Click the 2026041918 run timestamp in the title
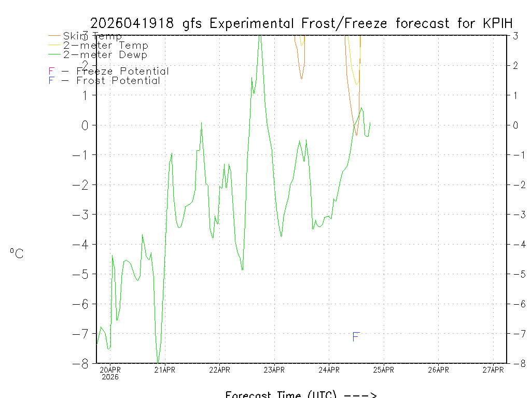[134, 23]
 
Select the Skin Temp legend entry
[92, 36]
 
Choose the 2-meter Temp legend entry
[105, 46]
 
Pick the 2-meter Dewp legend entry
[105, 55]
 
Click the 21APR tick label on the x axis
[164, 369]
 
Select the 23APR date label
[274, 369]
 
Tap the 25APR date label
[384, 369]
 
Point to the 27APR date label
[493, 369]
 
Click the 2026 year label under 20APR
[110, 377]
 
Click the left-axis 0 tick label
[86, 125]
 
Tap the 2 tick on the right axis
[515, 65]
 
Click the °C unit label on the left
[17, 253]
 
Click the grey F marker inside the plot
[356, 337]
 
